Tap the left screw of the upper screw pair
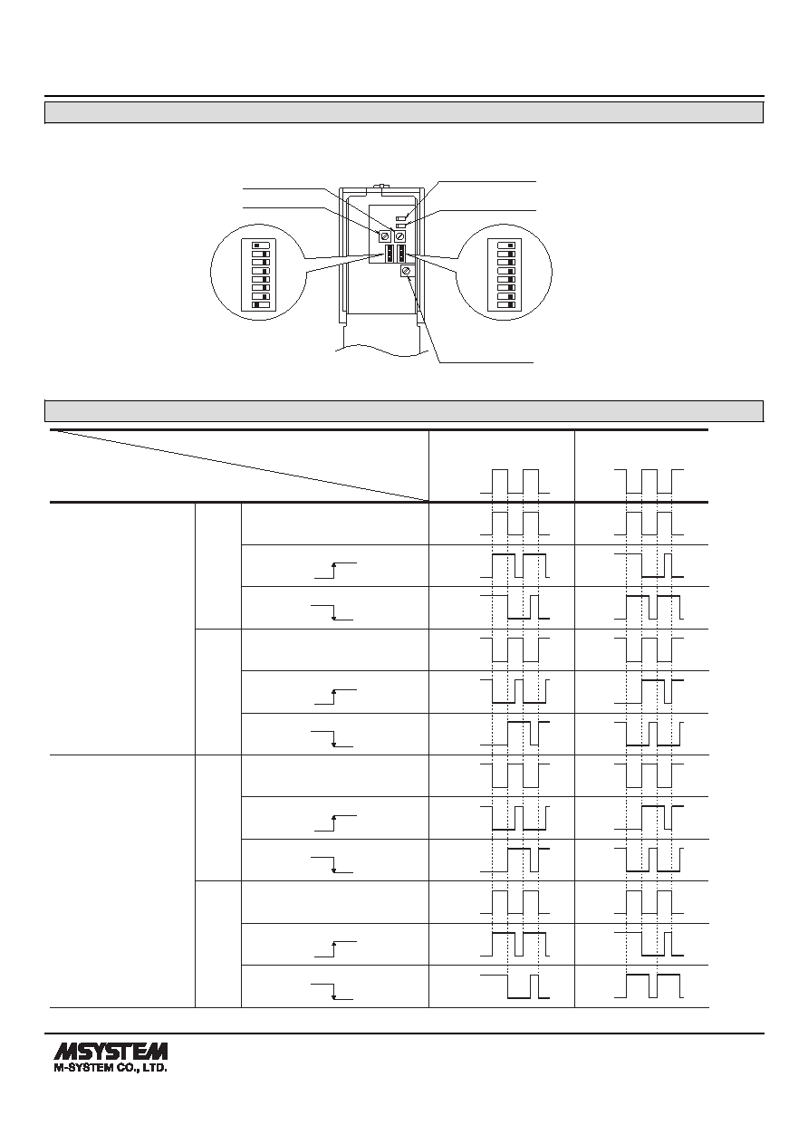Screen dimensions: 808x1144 [x=385, y=236]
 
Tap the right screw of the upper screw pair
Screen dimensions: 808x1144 [x=399, y=236]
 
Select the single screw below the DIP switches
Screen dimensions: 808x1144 [x=407, y=271]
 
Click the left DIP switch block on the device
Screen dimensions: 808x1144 [x=390, y=253]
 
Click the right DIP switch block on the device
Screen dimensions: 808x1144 [x=401, y=253]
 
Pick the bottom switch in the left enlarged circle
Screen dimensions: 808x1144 [x=261, y=305]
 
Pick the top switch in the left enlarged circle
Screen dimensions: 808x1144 [x=261, y=245]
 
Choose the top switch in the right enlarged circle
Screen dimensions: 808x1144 [x=506, y=245]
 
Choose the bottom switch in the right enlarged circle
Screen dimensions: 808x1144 [x=506, y=305]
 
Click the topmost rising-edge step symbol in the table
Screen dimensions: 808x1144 [x=335, y=570]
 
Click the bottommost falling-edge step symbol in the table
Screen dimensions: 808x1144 [x=332, y=991]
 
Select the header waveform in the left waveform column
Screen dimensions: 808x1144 [x=515, y=481]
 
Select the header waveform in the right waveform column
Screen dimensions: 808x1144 [x=649, y=481]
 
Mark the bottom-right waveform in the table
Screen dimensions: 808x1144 [x=649, y=985]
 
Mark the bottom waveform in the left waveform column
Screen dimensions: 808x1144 [x=515, y=985]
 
